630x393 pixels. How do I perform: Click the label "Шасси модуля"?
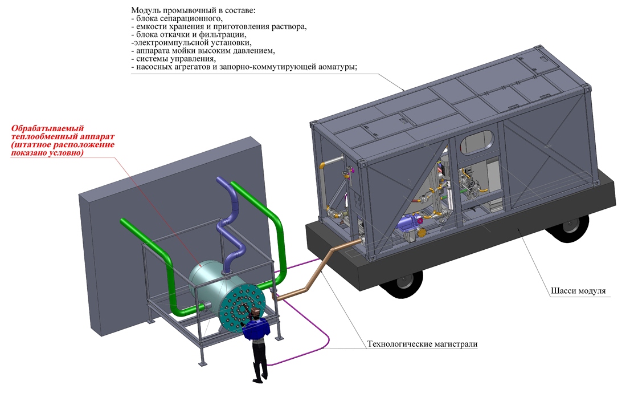(578, 291)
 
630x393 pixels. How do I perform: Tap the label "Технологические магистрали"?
(422, 344)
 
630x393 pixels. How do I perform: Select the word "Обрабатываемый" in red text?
(47, 129)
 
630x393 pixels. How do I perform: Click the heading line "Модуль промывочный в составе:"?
(193, 10)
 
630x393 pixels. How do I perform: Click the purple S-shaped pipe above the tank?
(229, 225)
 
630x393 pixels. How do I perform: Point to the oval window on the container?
(477, 141)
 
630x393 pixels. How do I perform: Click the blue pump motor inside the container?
(407, 222)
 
